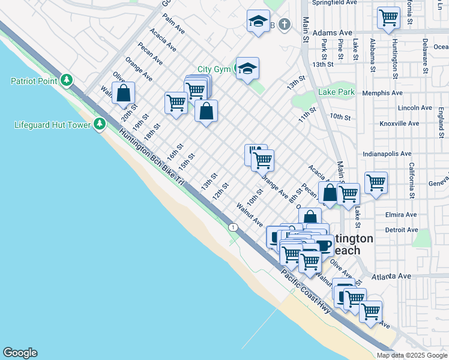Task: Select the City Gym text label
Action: [214, 70]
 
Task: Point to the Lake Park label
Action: [337, 92]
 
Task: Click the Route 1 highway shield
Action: [232, 226]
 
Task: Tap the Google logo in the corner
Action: [20, 353]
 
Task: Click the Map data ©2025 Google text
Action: [412, 355]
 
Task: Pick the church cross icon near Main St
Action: [285, 25]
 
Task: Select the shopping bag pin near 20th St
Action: [123, 94]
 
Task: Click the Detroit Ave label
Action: [401, 230]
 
